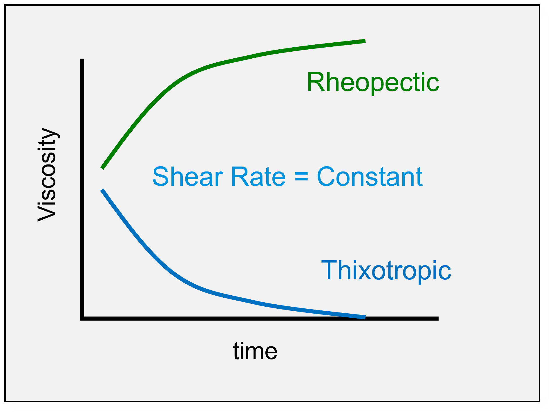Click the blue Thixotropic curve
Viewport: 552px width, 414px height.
203,290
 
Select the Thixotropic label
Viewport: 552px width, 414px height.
386,271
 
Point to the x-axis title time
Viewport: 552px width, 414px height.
255,351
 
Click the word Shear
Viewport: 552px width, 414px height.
188,176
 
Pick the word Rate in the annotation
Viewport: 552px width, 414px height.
258,177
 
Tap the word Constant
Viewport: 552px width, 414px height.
370,176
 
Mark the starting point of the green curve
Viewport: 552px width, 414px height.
102,168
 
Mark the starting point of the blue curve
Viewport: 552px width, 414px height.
102,190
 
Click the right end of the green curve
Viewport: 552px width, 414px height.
365,41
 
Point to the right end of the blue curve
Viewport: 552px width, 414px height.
365,317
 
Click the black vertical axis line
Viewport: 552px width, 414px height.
82,189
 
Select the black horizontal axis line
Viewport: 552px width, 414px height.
259,319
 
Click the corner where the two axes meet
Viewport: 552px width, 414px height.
82,319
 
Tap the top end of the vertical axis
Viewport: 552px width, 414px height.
82,59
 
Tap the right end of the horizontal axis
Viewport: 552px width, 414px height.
438,319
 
